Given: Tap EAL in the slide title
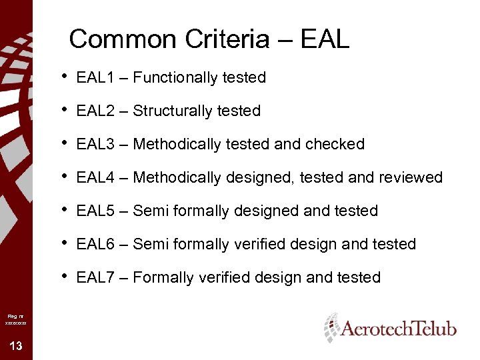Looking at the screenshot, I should (325, 39).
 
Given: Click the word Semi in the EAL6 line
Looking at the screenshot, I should (151, 245).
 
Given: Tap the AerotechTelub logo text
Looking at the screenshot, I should (399, 329).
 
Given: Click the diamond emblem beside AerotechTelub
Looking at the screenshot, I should (331, 327).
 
